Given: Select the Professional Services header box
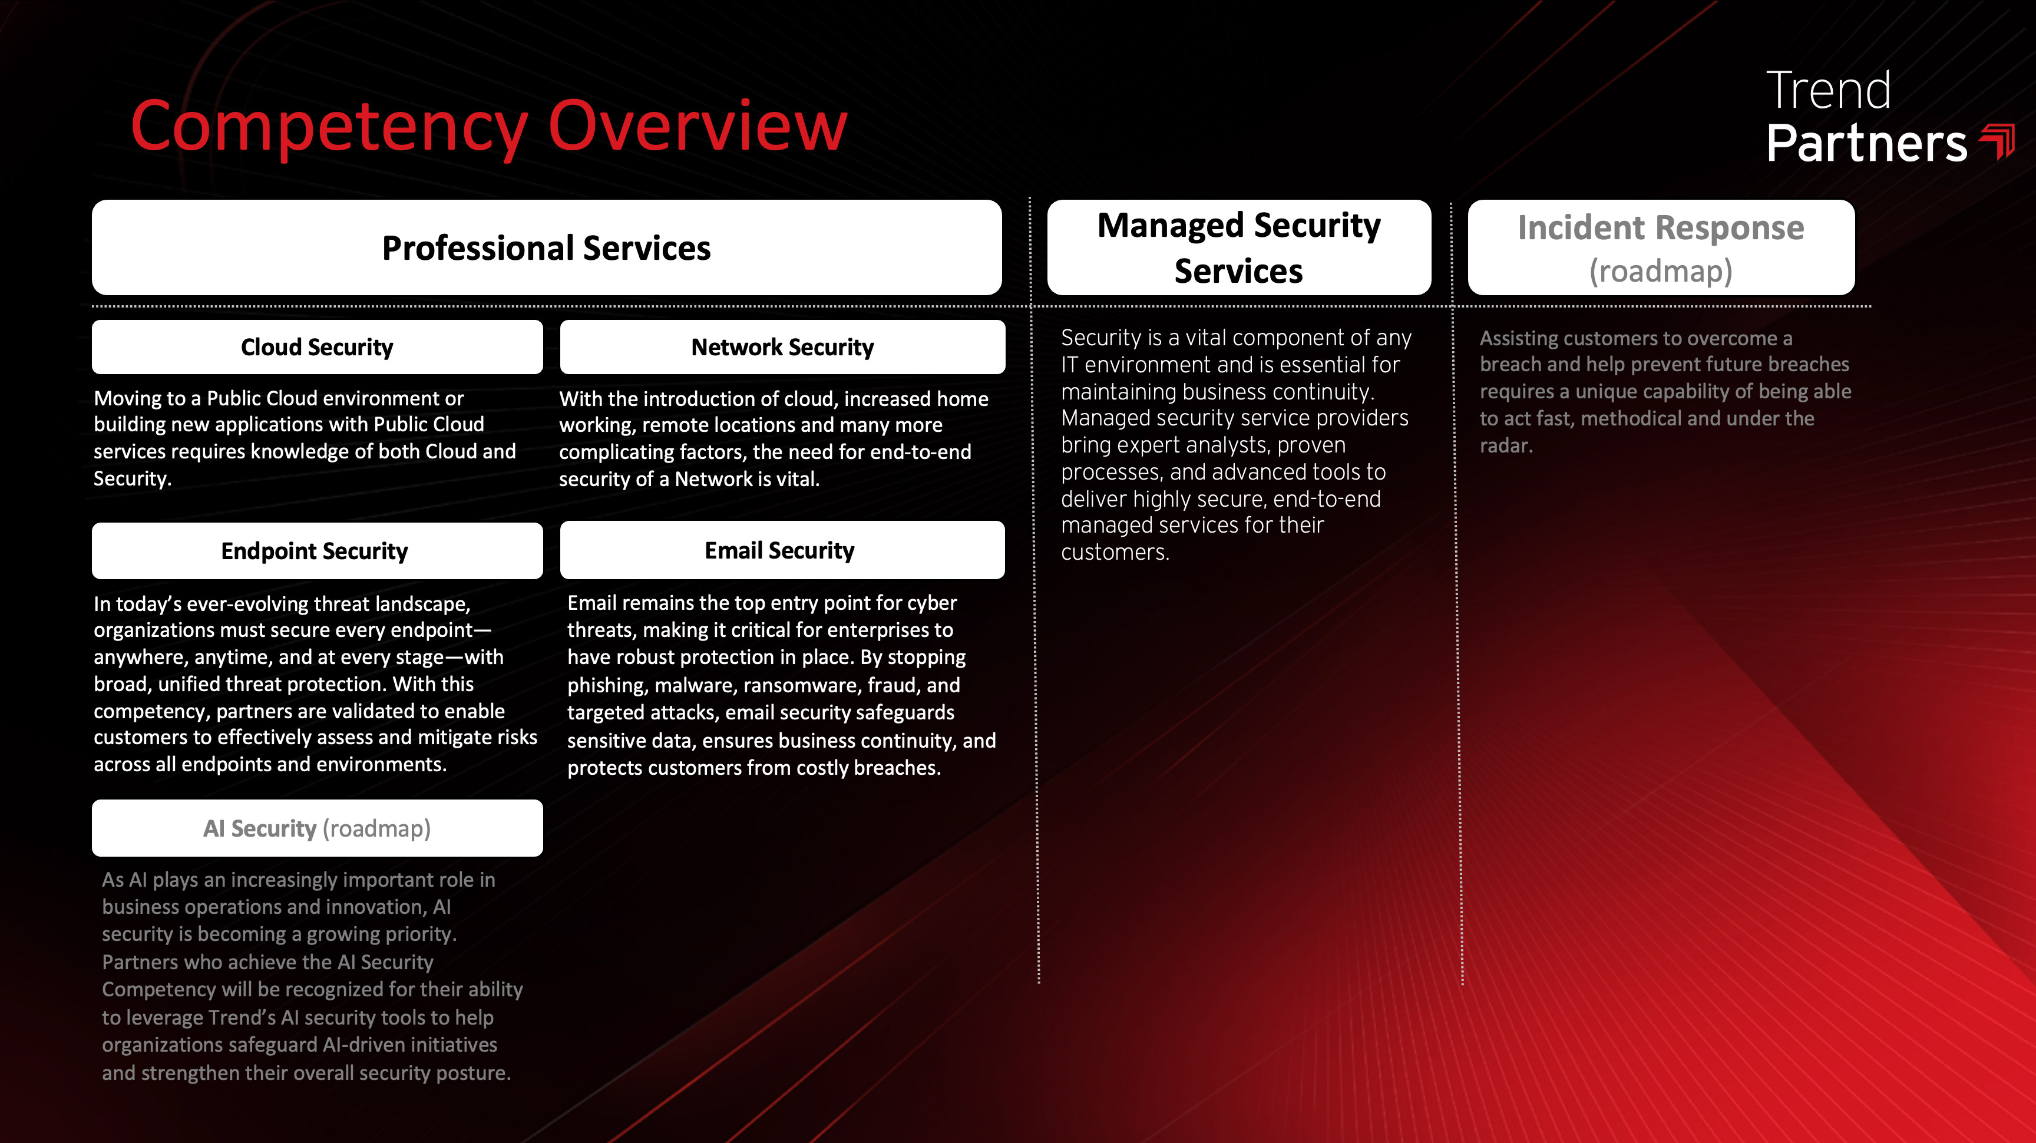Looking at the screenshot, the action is point(546,247).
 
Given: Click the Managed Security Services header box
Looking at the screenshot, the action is point(1238,247).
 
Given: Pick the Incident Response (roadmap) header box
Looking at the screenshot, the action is point(1661,247).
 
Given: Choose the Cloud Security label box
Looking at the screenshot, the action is point(317,347).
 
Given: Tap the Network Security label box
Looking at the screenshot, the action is point(782,347).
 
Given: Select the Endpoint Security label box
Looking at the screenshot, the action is point(317,550).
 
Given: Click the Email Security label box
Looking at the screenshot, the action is point(782,550).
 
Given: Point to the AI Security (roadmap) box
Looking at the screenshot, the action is point(317,828).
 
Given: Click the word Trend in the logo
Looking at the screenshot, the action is point(1828,90).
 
